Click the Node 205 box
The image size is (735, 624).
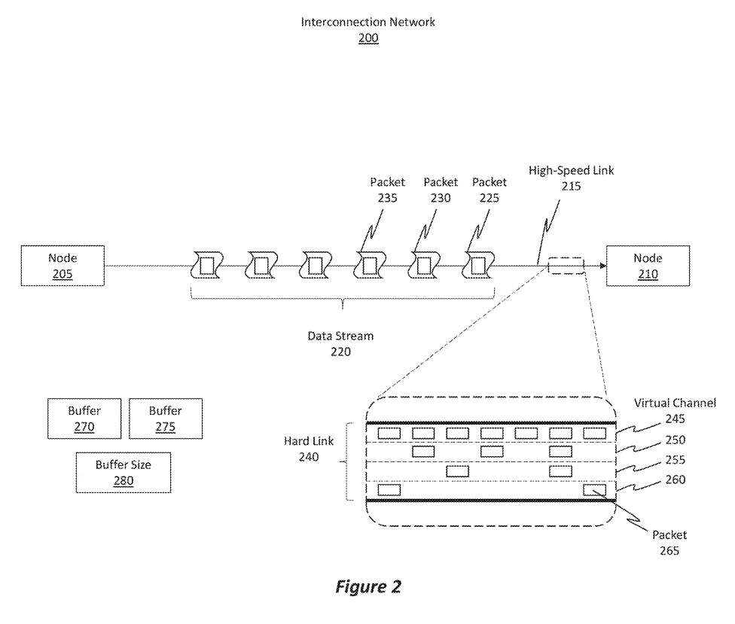point(63,266)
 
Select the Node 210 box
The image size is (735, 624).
point(647,266)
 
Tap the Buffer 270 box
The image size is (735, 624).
point(84,419)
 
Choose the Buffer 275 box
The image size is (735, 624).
point(165,419)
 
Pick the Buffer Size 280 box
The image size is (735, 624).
point(123,473)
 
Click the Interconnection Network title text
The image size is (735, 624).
point(367,22)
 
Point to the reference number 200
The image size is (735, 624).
point(368,38)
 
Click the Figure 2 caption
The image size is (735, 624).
point(367,587)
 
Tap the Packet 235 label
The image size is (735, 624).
point(387,190)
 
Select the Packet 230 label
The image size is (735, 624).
point(441,190)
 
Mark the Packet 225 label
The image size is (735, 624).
point(489,190)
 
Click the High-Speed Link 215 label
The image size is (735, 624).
point(571,178)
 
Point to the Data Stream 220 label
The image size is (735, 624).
point(340,343)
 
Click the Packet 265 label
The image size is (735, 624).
point(669,543)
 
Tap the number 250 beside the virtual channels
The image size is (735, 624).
point(675,439)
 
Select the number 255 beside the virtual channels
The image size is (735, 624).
point(675,459)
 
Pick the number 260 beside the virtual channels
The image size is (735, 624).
point(675,479)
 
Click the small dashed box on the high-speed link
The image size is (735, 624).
point(565,265)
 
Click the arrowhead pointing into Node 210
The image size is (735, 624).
point(602,265)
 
